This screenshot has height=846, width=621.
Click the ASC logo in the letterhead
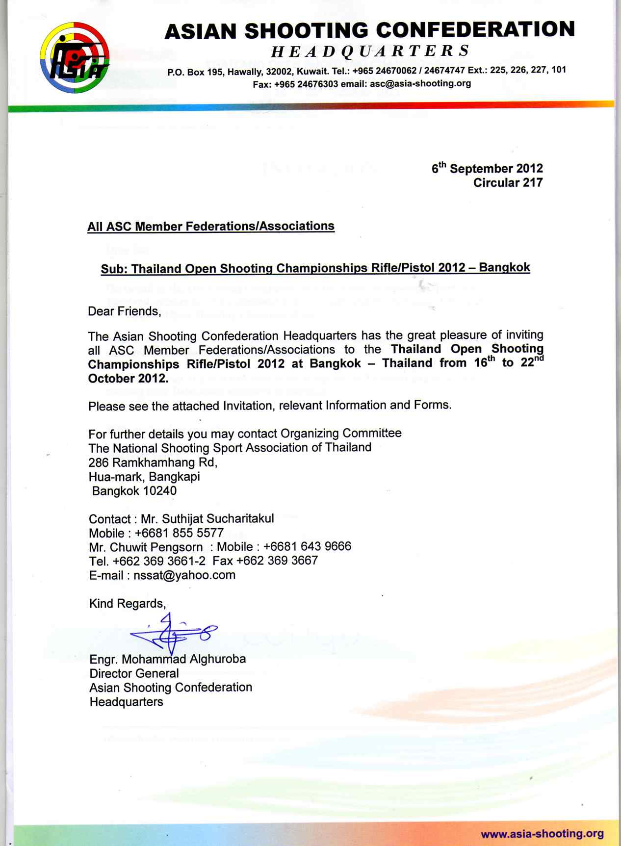pyautogui.click(x=75, y=57)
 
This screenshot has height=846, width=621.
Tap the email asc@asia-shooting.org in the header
pyautogui.click(x=420, y=83)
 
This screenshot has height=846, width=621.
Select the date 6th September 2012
pyautogui.click(x=487, y=168)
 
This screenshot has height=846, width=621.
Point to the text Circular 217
pyautogui.click(x=508, y=183)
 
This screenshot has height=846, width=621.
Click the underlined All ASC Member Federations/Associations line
pyautogui.click(x=211, y=227)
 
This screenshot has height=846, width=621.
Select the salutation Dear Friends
pyautogui.click(x=124, y=311)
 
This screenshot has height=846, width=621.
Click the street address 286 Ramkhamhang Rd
pyautogui.click(x=153, y=462)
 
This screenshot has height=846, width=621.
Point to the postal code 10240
pyautogui.click(x=160, y=491)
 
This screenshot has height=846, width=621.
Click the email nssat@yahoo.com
pyautogui.click(x=184, y=575)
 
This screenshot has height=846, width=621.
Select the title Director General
pyautogui.click(x=134, y=673)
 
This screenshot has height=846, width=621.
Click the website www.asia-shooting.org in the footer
pyautogui.click(x=542, y=834)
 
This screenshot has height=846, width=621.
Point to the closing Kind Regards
pyautogui.click(x=127, y=604)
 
